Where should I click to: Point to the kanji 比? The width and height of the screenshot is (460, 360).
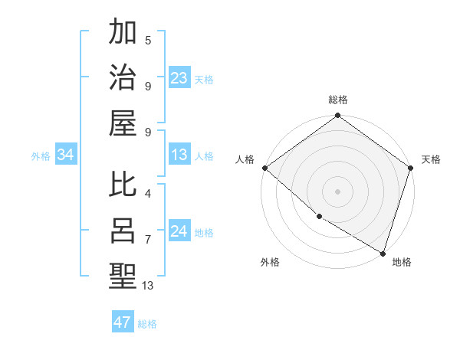[x=123, y=186]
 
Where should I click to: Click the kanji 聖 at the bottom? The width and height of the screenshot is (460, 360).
[x=123, y=275]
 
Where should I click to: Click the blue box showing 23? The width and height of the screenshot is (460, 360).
[x=179, y=78]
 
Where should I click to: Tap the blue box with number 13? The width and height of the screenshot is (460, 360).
[x=179, y=155]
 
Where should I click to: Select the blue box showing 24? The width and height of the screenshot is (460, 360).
[x=179, y=232]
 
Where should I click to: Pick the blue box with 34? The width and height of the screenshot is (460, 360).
[x=66, y=155]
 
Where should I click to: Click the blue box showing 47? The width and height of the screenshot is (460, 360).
[x=123, y=322]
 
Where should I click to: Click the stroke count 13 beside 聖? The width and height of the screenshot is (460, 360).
[x=148, y=285]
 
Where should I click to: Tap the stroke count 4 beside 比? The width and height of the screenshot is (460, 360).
[x=148, y=194]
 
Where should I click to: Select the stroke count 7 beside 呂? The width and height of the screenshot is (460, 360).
[x=148, y=239]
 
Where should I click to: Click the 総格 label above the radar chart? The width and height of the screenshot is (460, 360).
[x=337, y=100]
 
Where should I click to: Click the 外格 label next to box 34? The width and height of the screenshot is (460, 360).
[x=41, y=156]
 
